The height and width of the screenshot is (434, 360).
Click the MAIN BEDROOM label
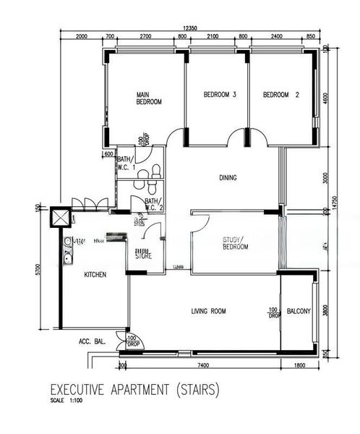pos(149,98)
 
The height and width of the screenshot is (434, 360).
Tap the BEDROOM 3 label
pos(220,95)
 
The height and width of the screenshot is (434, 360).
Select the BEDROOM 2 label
pos(281,95)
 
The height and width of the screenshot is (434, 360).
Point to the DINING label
pos(228,177)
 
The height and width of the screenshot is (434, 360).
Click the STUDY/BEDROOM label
pos(235,243)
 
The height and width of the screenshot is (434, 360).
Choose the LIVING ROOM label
pos(208,311)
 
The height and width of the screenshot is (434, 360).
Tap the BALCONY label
pos(299,311)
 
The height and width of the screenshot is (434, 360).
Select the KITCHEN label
pos(95,275)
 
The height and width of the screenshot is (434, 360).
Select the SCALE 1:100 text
pos(67,401)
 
